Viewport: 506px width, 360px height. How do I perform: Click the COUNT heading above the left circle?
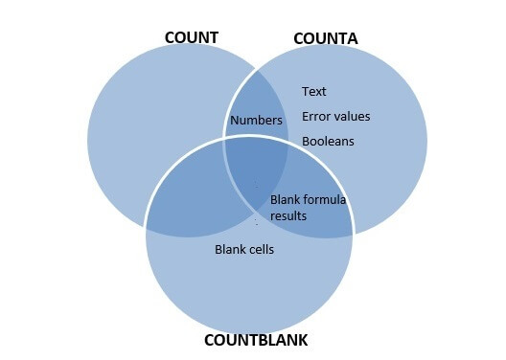tap(192, 38)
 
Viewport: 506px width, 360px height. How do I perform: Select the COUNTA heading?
tap(326, 38)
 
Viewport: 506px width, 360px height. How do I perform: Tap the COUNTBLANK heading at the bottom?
tap(256, 340)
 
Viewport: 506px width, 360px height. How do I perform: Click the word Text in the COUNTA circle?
tap(314, 92)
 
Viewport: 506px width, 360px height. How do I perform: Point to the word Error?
tap(316, 117)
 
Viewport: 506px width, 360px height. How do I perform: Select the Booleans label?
tap(328, 141)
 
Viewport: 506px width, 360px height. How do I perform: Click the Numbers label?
tap(256, 121)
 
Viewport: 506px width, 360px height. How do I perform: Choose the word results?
tap(287, 215)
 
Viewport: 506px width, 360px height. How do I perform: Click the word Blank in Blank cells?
tap(228, 250)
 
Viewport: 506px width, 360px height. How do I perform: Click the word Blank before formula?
tap(286, 200)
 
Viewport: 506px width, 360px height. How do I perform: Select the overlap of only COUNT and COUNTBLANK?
tap(192, 201)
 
